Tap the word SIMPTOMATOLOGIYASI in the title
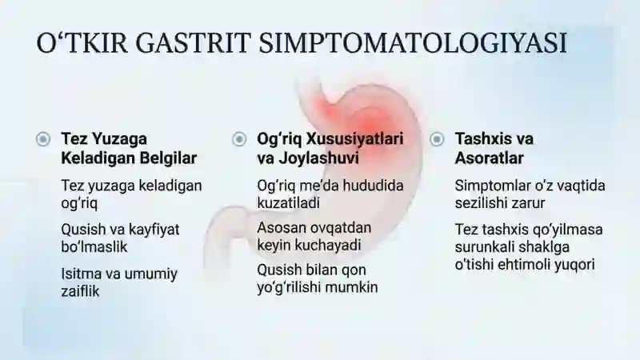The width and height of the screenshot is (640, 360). point(413,43)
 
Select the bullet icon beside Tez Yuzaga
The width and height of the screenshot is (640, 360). point(43,139)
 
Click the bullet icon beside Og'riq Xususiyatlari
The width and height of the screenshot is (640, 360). point(239,139)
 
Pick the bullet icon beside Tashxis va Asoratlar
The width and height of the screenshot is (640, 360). point(437,139)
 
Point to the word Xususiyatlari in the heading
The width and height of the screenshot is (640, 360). point(354,138)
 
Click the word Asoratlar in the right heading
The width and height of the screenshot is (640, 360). point(489,158)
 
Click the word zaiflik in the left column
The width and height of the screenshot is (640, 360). point(80,291)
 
